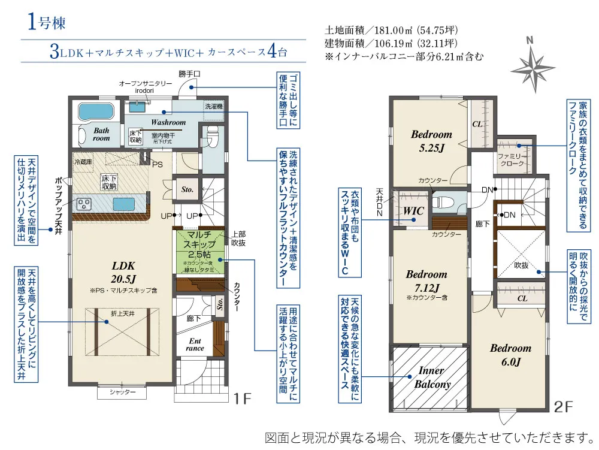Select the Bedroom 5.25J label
[x=431, y=140]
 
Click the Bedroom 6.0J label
[x=510, y=355]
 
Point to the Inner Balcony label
[x=431, y=377]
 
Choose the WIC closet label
[x=414, y=211]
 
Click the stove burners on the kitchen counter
[x=84, y=204]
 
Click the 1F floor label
[x=243, y=398]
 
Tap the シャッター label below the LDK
[x=122, y=392]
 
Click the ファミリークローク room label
[x=511, y=159]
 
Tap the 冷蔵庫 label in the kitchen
[x=83, y=162]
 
